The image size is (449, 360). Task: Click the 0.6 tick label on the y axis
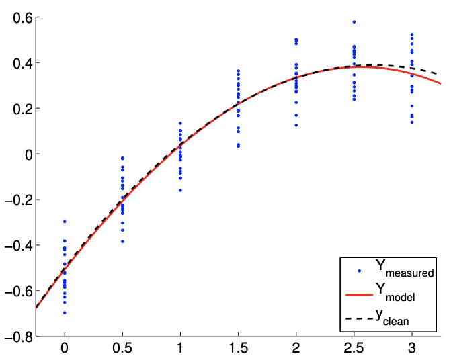tap(20, 17)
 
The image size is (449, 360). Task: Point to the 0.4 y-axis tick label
tap(20, 63)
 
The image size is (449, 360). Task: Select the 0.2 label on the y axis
tap(20, 109)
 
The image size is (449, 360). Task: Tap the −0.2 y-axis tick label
tap(15, 200)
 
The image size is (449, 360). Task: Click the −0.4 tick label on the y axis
tap(15, 246)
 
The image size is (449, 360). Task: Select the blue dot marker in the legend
tap(359, 271)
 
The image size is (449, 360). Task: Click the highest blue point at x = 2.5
tap(354, 22)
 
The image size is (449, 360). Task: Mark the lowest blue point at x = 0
tap(65, 313)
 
